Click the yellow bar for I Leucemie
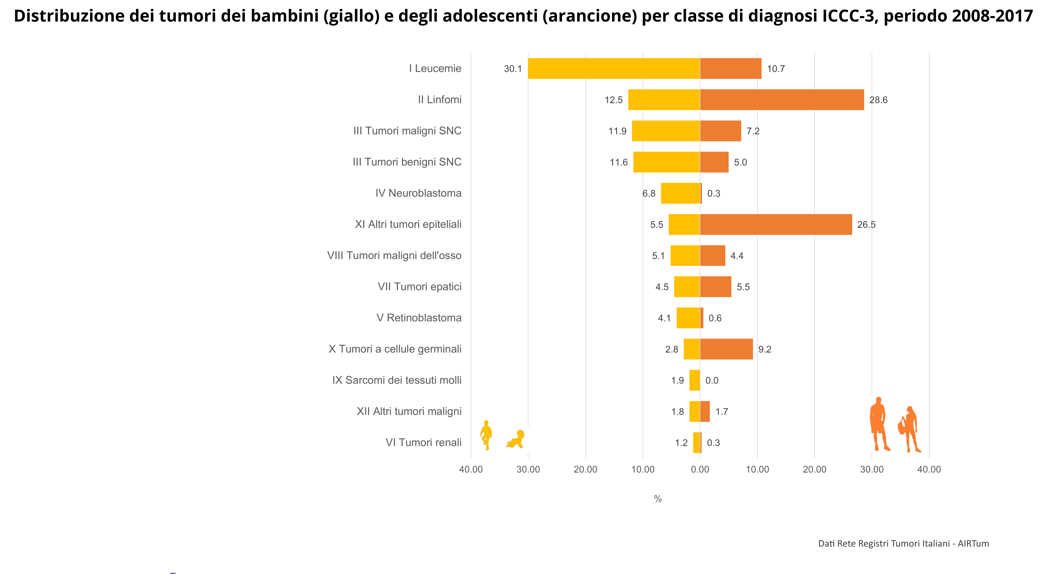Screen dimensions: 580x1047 pyautogui.click(x=614, y=68)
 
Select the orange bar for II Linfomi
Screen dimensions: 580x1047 pyautogui.click(x=782, y=100)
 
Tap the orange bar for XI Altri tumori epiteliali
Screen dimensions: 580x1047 pyautogui.click(x=776, y=225)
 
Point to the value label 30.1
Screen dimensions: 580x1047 pyautogui.click(x=513, y=69)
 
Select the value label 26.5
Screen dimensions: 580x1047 pyautogui.click(x=866, y=225)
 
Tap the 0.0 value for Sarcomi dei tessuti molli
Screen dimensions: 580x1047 pyautogui.click(x=712, y=380)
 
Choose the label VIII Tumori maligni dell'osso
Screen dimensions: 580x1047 pyautogui.click(x=394, y=255)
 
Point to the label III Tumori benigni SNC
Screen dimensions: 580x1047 pyautogui.click(x=407, y=162)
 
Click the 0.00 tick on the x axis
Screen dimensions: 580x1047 pyautogui.click(x=700, y=469)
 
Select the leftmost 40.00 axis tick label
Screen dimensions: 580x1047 pyautogui.click(x=471, y=469)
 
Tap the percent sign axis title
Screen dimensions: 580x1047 pyautogui.click(x=658, y=499)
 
